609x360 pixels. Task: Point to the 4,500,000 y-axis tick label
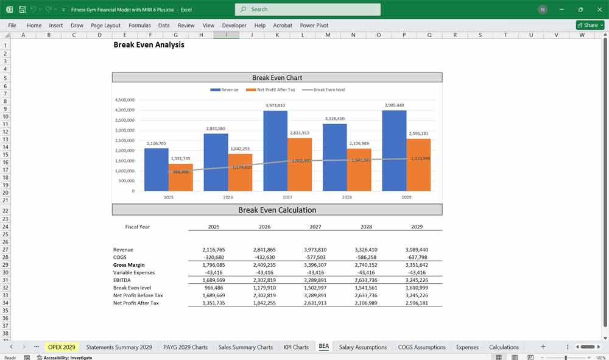point(124,100)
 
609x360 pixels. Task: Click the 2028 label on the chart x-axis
point(347,197)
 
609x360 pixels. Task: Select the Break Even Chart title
point(277,77)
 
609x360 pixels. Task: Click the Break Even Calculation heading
point(277,210)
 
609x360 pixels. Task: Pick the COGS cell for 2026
point(264,257)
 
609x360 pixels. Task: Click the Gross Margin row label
point(129,265)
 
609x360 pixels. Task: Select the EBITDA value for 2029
point(417,280)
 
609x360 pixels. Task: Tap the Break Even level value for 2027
point(315,288)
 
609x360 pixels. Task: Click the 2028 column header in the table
point(365,227)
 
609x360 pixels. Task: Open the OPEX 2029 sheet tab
point(62,347)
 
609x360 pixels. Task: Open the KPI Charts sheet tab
point(296,347)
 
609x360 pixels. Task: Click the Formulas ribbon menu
point(139,26)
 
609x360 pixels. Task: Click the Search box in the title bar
point(308,9)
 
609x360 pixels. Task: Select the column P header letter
point(404,35)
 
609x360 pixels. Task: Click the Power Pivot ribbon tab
point(314,26)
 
